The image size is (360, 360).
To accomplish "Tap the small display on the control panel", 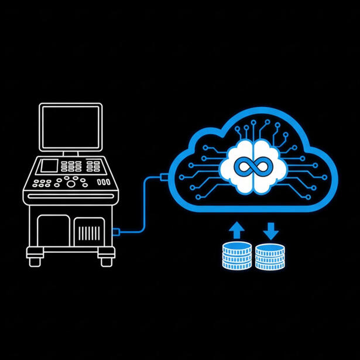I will point(47,166).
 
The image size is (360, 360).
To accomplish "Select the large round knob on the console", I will point(71,183).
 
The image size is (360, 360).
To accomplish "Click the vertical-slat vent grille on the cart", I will point(88,234).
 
